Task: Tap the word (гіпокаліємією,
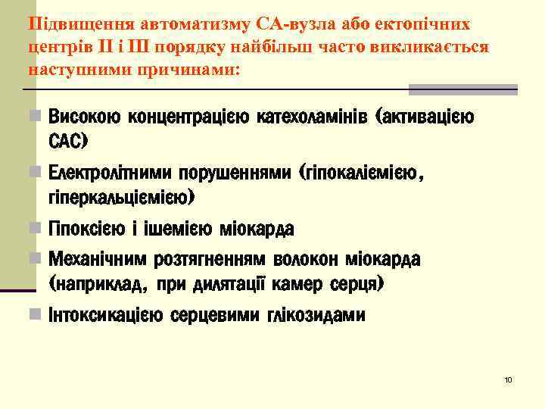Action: point(362,174)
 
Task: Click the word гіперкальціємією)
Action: point(121,197)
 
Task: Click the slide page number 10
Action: point(508,379)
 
